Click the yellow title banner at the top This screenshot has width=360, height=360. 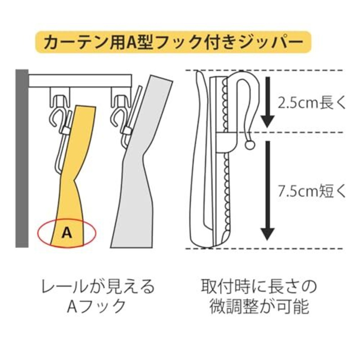pos(173,42)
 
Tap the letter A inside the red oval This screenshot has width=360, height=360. pos(67,233)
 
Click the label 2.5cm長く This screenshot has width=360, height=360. pos(311,103)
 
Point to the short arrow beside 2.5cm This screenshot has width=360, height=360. pos(268,102)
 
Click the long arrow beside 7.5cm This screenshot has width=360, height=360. pos(268,191)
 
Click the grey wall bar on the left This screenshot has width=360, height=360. pos(22,158)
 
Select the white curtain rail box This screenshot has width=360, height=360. pos(80,80)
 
